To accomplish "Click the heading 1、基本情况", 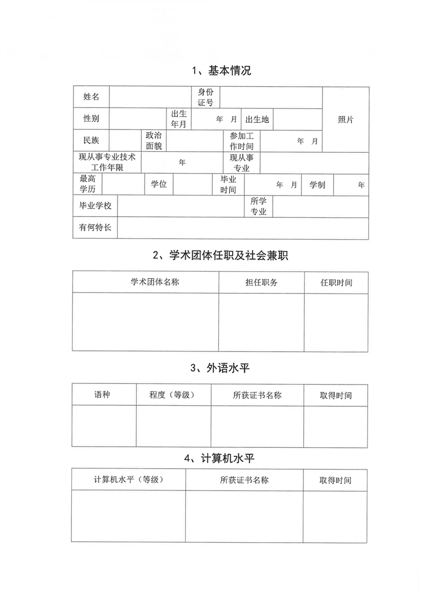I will coord(221,70).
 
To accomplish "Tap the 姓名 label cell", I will coord(91,97).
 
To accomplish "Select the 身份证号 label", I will coord(205,97).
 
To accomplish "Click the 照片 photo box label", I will coord(345,119).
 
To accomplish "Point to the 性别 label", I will coord(91,118).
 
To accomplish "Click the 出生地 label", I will coord(258,119).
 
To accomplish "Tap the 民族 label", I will coord(91,141).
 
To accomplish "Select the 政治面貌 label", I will coord(154,141).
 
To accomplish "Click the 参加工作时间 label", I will coord(242,141).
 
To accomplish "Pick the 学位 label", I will coord(159,184).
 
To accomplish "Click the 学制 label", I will coord(317,185).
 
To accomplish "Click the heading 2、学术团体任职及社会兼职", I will coord(220,256).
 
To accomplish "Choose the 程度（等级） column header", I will coord(173,395).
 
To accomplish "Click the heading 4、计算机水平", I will coord(221,458).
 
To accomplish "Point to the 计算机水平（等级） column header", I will coord(128,479).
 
